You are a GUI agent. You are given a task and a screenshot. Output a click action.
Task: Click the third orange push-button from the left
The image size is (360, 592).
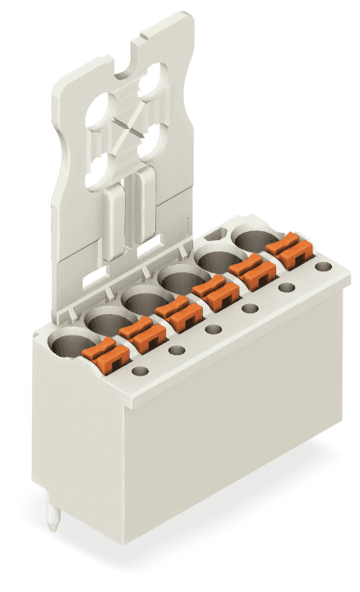(177, 312)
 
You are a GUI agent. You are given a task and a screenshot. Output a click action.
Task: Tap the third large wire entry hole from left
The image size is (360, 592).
(143, 301)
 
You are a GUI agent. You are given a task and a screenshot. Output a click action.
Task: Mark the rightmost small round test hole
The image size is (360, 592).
(324, 267)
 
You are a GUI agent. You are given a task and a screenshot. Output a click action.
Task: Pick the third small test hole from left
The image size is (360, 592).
(213, 330)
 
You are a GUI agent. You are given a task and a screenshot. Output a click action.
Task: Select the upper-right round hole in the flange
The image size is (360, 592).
(153, 85)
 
